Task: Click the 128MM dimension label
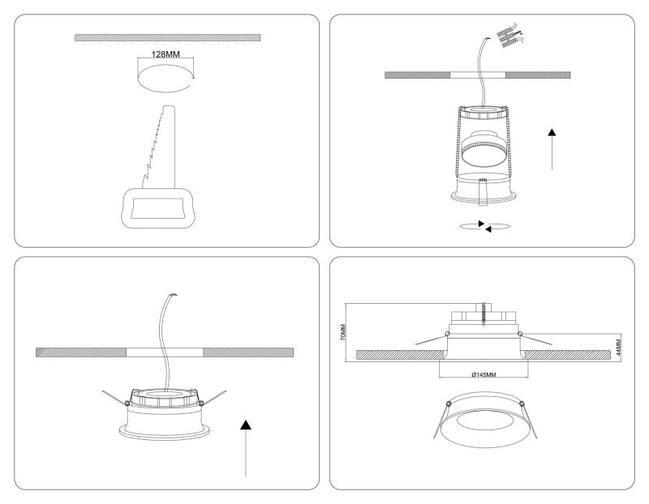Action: (x=165, y=54)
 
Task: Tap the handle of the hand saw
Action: (x=157, y=207)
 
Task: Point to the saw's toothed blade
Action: (x=159, y=147)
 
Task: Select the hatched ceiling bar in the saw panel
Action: (x=168, y=37)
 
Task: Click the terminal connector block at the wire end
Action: (x=509, y=35)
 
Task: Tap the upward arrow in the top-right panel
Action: (x=552, y=149)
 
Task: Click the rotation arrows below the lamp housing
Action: (x=484, y=226)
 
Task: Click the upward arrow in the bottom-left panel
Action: (x=246, y=448)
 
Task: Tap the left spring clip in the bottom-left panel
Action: (x=115, y=397)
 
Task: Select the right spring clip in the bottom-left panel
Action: (x=213, y=396)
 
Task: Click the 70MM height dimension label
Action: (x=343, y=332)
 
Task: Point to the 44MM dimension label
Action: (x=619, y=348)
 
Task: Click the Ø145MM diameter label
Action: (x=484, y=374)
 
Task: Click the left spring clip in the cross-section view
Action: (x=432, y=339)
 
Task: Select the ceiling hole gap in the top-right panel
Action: (x=478, y=75)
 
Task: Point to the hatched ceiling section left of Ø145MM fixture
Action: (x=399, y=355)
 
